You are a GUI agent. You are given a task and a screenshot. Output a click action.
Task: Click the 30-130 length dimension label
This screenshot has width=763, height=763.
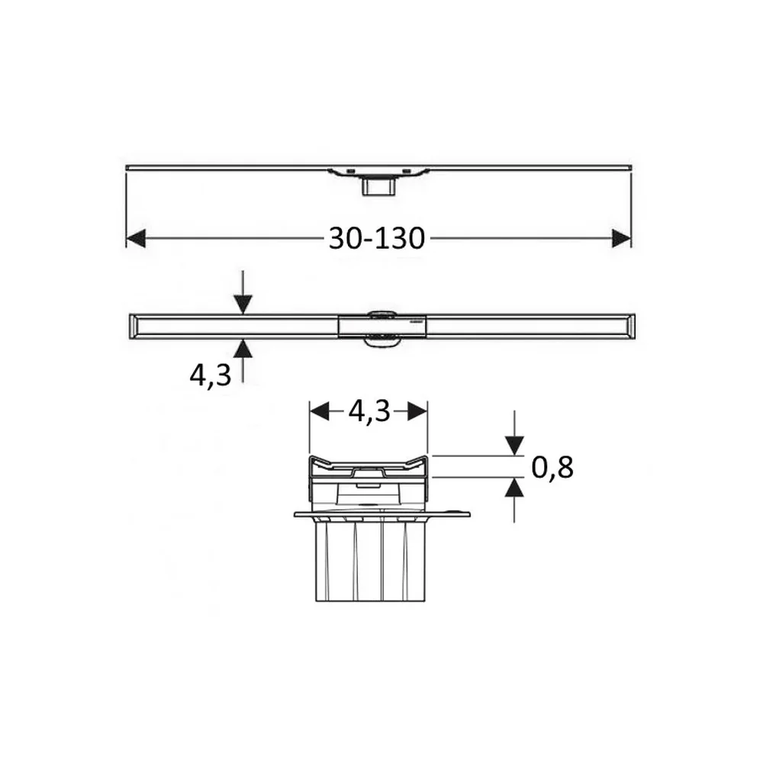click(377, 238)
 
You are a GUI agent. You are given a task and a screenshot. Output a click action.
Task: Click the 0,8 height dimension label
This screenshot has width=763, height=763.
click(552, 467)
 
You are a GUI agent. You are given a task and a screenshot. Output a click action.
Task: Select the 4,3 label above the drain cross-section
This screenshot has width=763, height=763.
click(369, 412)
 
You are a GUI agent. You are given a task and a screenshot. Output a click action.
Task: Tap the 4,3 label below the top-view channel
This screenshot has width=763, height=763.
click(211, 375)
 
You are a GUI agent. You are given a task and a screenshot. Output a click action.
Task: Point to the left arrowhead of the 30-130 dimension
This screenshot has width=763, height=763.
click(136, 238)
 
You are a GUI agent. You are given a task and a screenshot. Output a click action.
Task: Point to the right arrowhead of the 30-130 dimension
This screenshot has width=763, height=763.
click(621, 238)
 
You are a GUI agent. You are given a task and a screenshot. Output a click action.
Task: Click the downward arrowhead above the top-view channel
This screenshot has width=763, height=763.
click(243, 304)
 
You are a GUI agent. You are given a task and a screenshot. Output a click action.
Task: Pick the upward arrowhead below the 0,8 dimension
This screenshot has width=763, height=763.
click(514, 488)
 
